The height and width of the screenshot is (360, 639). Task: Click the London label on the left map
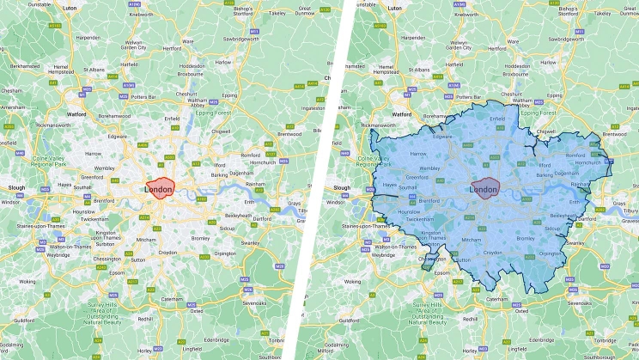coord(160,189)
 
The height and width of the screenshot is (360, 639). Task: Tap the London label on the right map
coord(485,189)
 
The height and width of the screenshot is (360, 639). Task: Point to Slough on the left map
coord(16,187)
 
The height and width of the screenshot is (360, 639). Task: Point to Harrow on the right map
coord(418,153)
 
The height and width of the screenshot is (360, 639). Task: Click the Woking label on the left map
coord(28,281)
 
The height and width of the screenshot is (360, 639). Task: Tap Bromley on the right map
coord(526,238)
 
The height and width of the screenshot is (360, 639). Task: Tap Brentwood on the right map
coord(615,134)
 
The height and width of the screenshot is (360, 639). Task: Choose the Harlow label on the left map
coord(223,63)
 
